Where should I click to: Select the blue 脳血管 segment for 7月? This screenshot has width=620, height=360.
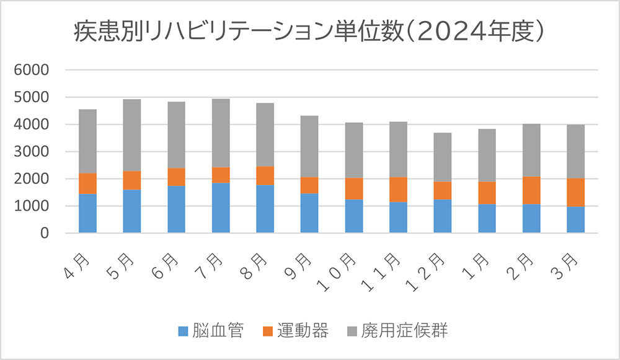(221, 208)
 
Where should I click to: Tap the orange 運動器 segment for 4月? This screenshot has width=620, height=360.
(87, 183)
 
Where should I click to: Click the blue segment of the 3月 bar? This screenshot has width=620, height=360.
(576, 219)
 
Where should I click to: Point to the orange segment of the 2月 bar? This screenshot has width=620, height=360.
(531, 190)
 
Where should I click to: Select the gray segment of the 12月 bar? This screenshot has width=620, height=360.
(443, 157)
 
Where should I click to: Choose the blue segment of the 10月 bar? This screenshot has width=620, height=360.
(354, 216)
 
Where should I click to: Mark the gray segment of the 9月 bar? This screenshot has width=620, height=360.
(309, 146)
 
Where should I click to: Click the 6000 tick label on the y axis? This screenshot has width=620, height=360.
(31, 70)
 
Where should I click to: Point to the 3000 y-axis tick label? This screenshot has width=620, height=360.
(31, 152)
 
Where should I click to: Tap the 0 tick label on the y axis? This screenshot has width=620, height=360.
(43, 234)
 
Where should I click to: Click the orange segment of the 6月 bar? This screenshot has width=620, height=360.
(176, 177)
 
